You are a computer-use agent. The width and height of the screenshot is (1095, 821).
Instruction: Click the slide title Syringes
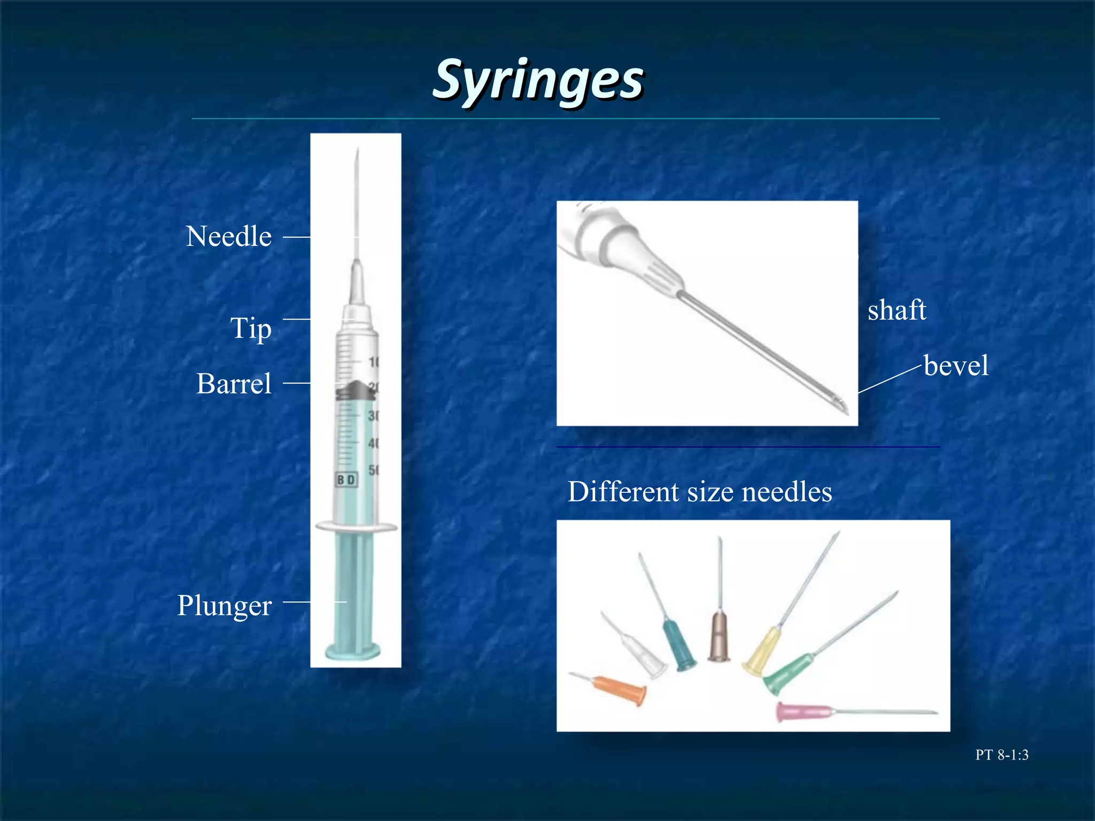(538, 80)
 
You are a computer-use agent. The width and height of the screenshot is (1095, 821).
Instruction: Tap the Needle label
(229, 236)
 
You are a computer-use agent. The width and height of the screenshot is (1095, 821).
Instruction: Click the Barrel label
(234, 384)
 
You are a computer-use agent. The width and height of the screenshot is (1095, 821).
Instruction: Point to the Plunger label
(225, 606)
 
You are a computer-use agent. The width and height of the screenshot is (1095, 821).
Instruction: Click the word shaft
(897, 310)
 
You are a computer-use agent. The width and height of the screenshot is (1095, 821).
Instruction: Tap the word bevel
(956, 366)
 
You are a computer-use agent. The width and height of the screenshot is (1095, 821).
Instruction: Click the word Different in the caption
(623, 492)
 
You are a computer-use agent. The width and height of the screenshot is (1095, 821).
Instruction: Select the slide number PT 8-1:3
(1001, 755)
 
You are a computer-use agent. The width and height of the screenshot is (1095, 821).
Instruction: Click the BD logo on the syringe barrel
(346, 479)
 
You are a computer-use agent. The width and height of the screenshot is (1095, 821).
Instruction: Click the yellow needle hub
(762, 652)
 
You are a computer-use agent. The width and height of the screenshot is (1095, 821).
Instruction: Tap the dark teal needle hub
(679, 645)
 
